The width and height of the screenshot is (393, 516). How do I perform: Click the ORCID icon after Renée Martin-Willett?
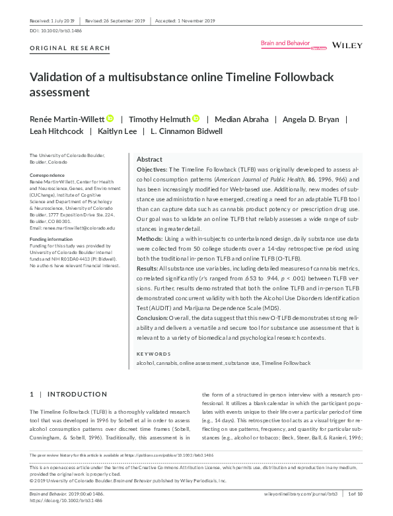pyautogui.click(x=110, y=118)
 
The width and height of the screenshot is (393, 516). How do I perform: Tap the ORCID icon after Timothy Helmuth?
pyautogui.click(x=196, y=118)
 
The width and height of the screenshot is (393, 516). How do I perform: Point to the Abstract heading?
pyautogui.click(x=149, y=160)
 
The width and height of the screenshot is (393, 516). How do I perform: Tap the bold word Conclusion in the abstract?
pyautogui.click(x=153, y=318)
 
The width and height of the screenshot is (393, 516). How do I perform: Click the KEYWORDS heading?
pyautogui.click(x=153, y=353)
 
